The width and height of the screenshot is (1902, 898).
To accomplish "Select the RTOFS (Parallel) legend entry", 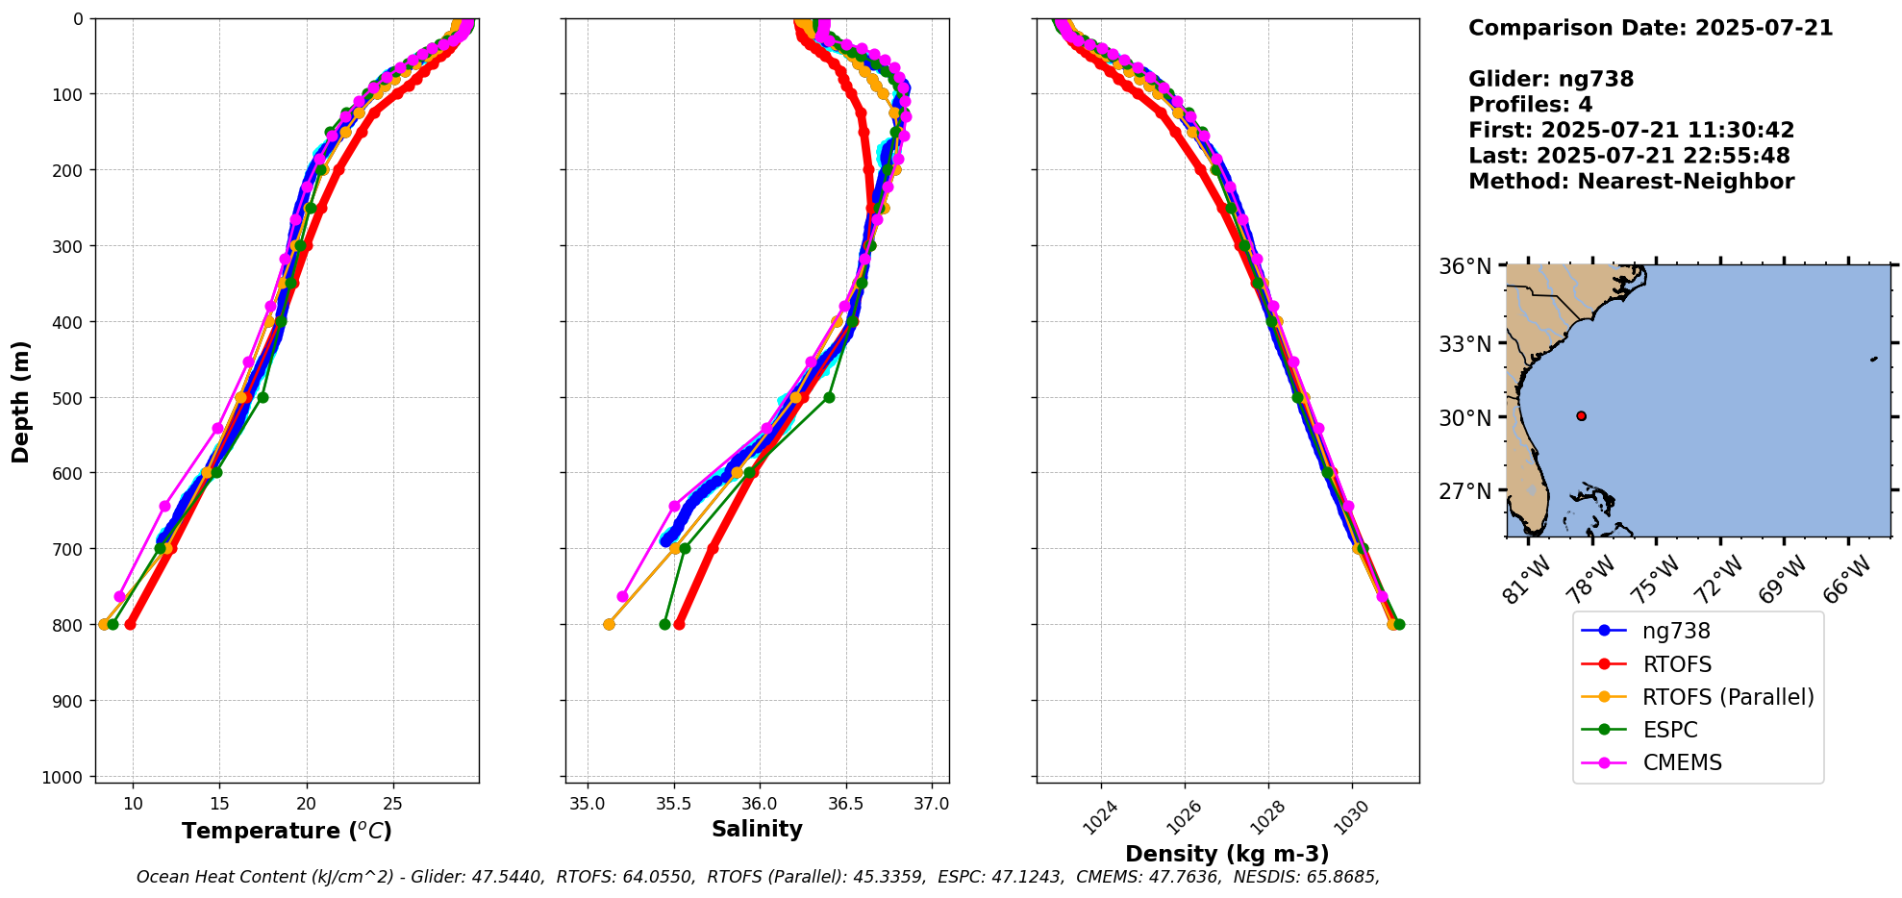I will (1727, 697).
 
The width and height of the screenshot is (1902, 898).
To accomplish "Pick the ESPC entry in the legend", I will (1669, 730).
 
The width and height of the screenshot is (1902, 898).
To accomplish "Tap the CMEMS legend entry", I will (1682, 762).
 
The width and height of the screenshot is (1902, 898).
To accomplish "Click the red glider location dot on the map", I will (1581, 415).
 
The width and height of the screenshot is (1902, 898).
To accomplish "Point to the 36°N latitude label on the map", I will (1464, 266).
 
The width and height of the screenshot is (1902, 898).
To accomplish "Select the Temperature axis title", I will (287, 831).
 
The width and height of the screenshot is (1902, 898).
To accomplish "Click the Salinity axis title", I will (757, 829).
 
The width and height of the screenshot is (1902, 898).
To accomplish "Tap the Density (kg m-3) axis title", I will (1227, 854).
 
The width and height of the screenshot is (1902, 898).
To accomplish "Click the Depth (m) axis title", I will (21, 401).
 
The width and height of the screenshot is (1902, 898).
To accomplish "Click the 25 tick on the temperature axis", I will (392, 803).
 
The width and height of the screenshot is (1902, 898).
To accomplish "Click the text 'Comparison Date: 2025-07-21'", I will (1650, 28).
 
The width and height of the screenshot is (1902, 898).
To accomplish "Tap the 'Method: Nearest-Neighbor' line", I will (1631, 182).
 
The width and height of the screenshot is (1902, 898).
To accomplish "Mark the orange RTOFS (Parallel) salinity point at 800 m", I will (609, 624).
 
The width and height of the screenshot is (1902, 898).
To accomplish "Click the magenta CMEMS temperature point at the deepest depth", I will (119, 596).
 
